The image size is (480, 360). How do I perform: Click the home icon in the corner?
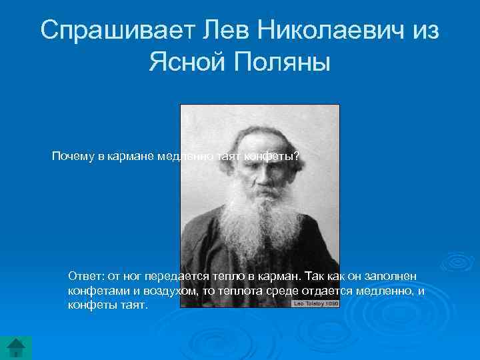[x=16, y=347]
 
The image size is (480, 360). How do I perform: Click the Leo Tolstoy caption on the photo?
[x=315, y=303]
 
